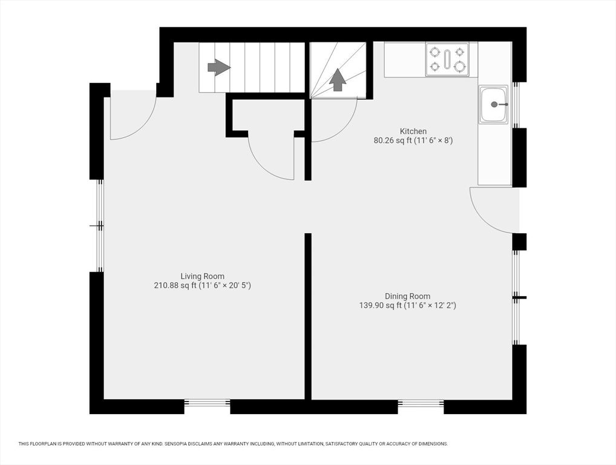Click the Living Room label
pos(202,276)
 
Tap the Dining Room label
pos(407,296)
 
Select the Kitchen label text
pos(413,131)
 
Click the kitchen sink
pos(494,105)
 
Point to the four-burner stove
pos(447,59)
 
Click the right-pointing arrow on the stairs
pos(218,67)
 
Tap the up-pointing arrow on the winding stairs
pos(338,79)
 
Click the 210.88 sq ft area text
pos(175,285)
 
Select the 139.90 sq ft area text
pos(381,305)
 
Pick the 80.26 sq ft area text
pos(393,140)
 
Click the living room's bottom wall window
pos(207,403)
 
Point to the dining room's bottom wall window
pos(421,403)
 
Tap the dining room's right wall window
pos(516,297)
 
